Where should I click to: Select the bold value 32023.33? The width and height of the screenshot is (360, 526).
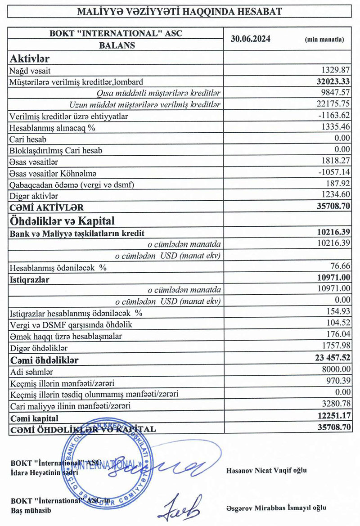(332, 82)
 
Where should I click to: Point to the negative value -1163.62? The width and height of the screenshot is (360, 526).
(333, 116)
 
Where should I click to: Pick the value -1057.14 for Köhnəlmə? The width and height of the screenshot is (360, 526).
(333, 172)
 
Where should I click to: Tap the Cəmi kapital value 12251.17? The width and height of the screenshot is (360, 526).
(332, 417)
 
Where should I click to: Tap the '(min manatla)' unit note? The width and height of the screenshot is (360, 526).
(324, 40)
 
